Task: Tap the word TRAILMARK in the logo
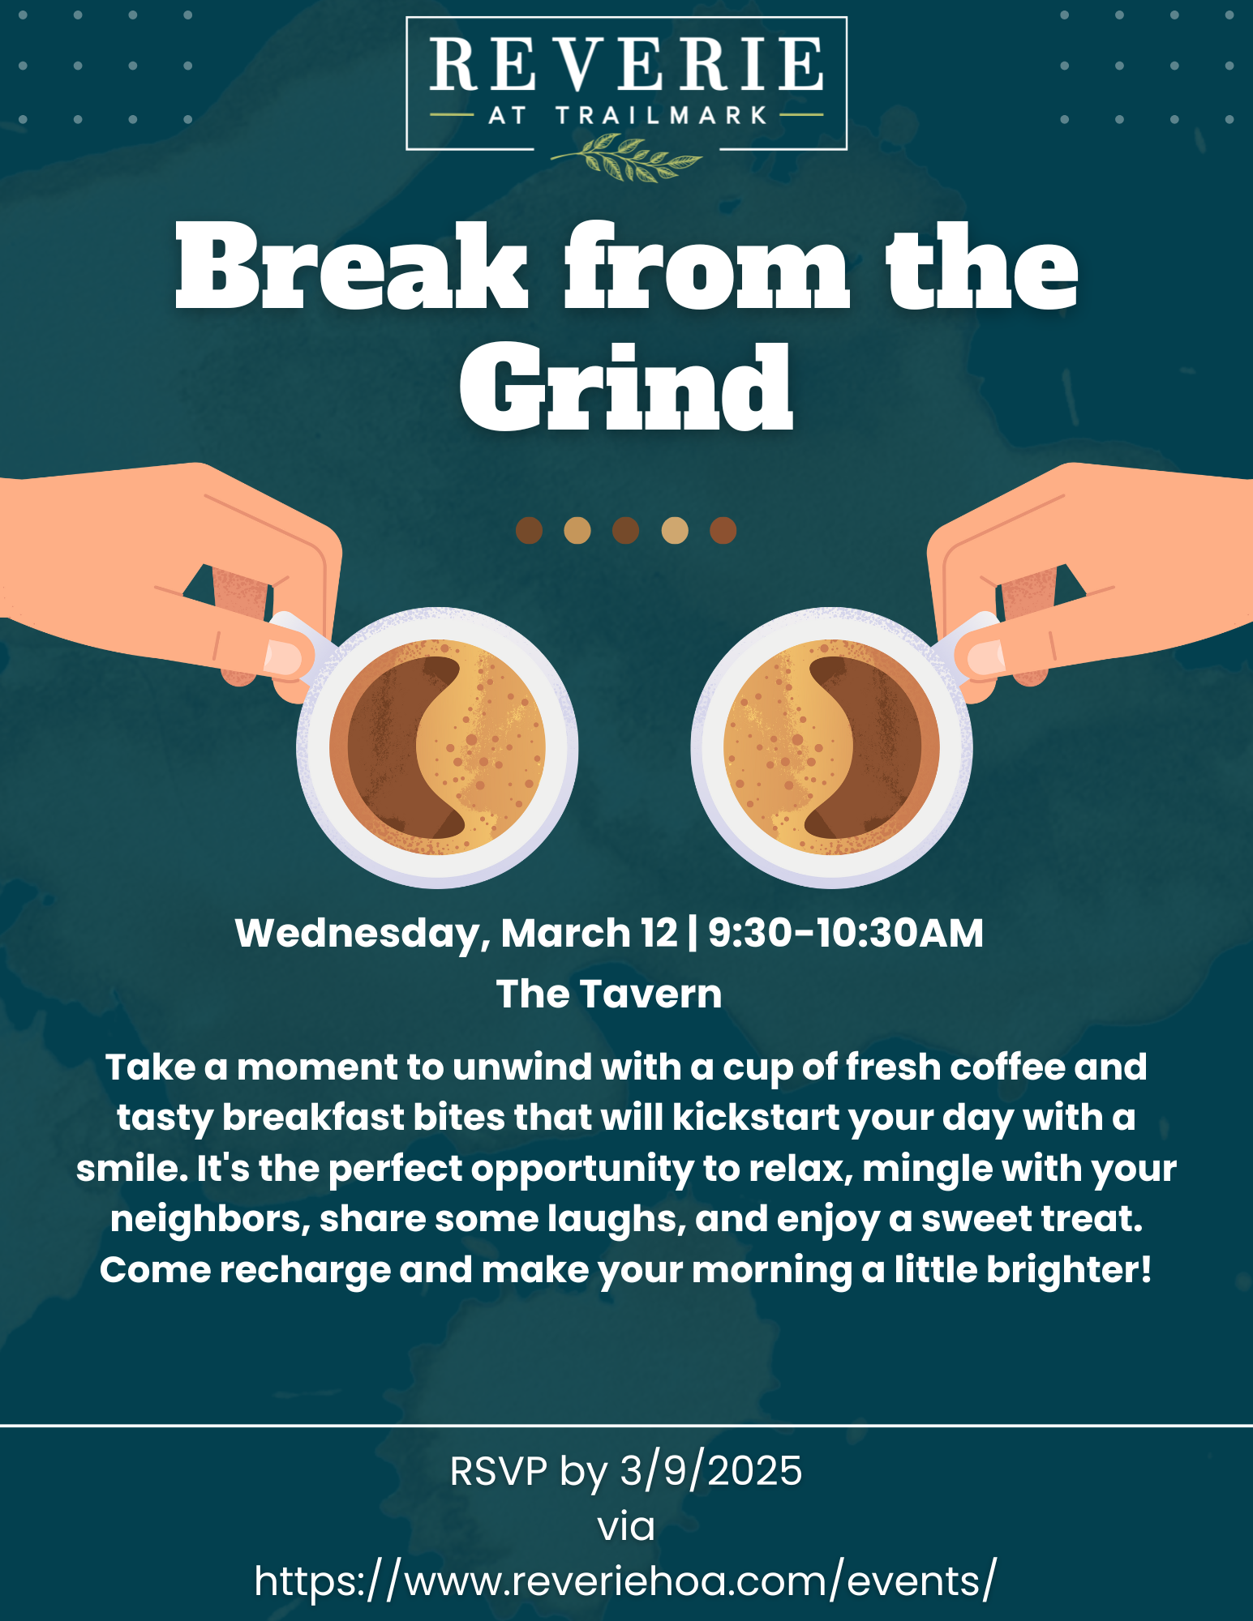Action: click(x=662, y=115)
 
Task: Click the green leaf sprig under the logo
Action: click(x=626, y=156)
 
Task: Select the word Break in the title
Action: click(x=352, y=267)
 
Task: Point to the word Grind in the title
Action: click(x=626, y=387)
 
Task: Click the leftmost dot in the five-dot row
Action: click(x=529, y=531)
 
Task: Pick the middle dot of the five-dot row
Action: click(x=625, y=531)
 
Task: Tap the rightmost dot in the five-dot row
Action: click(x=723, y=531)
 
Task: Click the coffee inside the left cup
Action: click(x=437, y=746)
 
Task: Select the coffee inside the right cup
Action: click(x=831, y=746)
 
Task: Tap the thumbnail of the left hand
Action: click(x=284, y=657)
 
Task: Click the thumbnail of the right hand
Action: click(x=985, y=657)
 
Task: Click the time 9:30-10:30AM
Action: click(x=846, y=933)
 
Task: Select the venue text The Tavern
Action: click(x=609, y=994)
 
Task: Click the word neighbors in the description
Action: click(x=210, y=1219)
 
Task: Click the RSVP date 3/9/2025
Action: click(x=711, y=1471)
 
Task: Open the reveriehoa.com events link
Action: click(x=625, y=1581)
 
